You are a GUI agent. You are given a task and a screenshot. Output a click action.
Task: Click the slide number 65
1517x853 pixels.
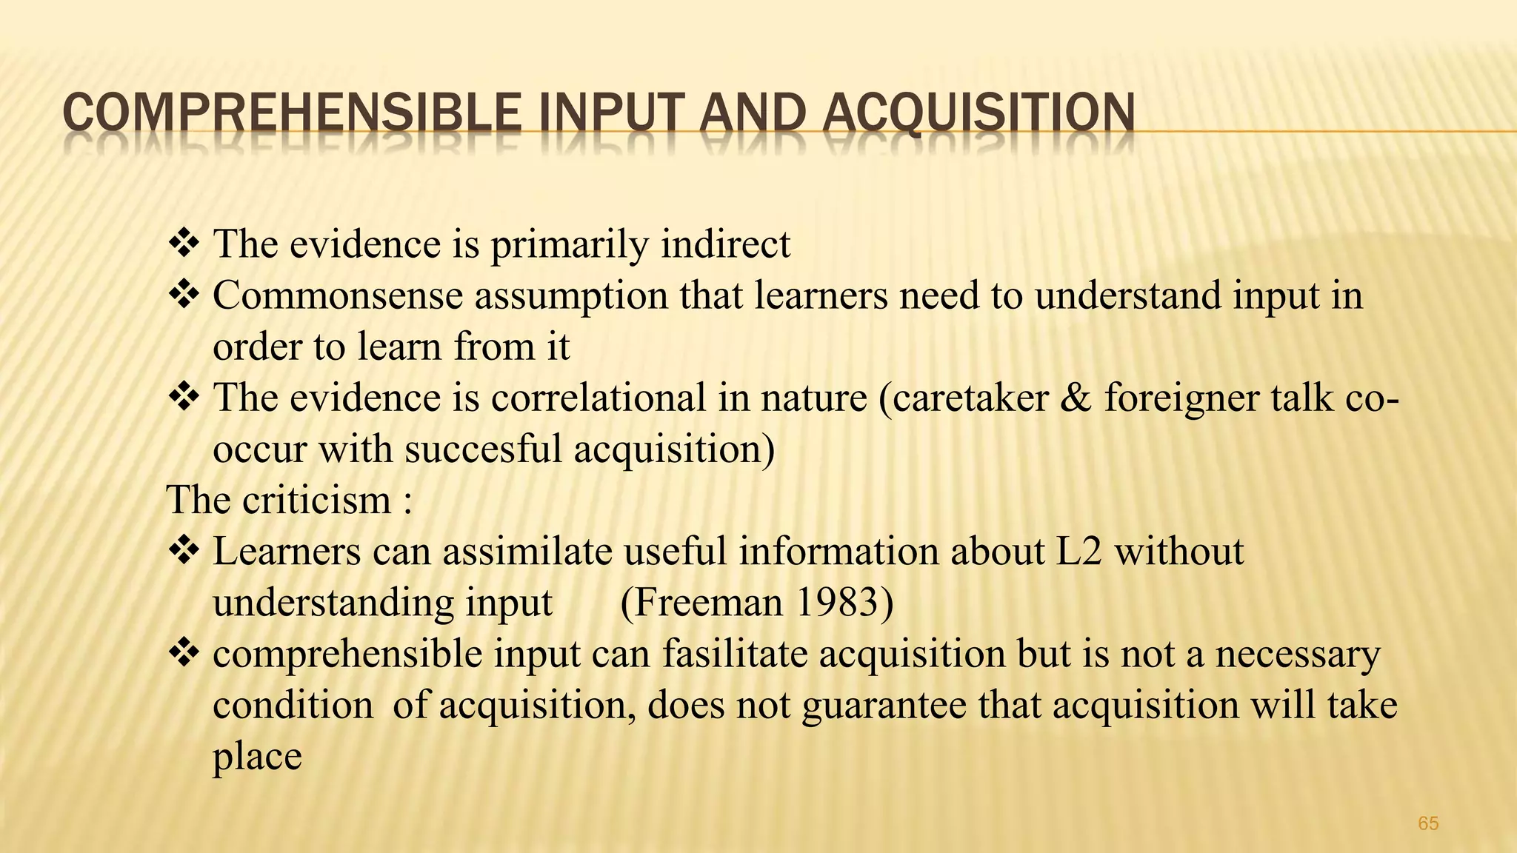point(1428,823)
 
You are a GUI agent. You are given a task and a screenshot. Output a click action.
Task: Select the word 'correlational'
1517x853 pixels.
point(599,398)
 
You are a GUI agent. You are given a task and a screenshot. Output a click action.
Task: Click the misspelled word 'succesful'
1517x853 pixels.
point(483,449)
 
